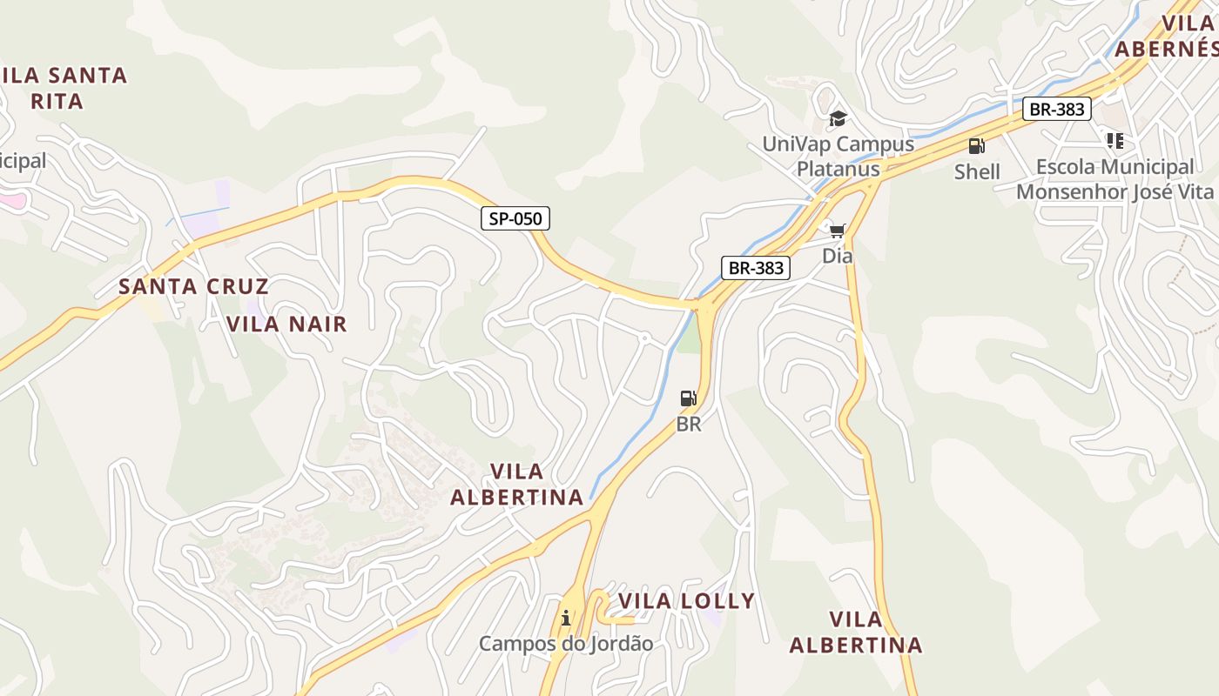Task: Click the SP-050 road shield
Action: coord(515,218)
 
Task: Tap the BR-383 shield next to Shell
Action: coord(1057,109)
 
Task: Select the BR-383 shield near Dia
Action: coord(756,268)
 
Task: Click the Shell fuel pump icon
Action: coord(976,146)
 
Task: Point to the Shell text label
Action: coord(977,171)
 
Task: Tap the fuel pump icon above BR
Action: coord(688,398)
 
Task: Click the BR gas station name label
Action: coord(689,425)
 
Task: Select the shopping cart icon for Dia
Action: coord(837,231)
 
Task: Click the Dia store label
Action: coord(838,256)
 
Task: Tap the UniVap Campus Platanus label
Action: coord(838,156)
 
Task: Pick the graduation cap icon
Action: coord(838,118)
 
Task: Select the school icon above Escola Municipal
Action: coord(1115,140)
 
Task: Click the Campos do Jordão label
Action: coord(566,644)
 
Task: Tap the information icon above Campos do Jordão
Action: coord(566,618)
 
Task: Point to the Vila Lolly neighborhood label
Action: coord(686,601)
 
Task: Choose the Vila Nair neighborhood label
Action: coord(286,325)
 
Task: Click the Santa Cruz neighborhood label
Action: coord(193,286)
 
